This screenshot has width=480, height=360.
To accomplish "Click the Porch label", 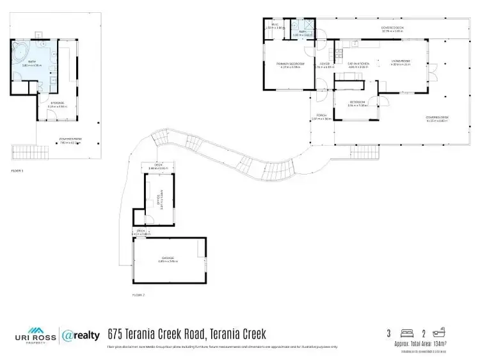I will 321,117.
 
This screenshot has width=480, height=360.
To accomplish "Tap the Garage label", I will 168,259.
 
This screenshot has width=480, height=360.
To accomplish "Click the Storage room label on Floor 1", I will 58,103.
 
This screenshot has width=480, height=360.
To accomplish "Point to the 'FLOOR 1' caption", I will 17,171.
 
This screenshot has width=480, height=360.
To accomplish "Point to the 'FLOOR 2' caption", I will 138,295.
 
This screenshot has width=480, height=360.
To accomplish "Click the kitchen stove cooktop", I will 350,44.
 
